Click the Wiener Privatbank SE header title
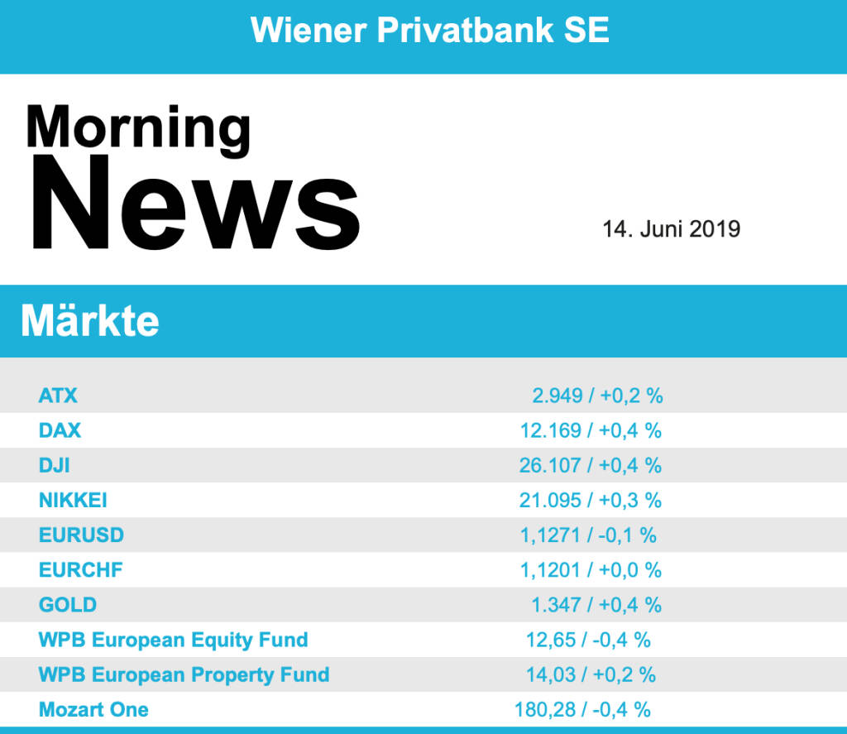pyautogui.click(x=429, y=31)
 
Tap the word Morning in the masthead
pyautogui.click(x=138, y=129)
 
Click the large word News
pyautogui.click(x=195, y=203)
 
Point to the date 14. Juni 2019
pyautogui.click(x=671, y=228)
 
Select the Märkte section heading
pyautogui.click(x=89, y=321)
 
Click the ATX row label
pyautogui.click(x=58, y=396)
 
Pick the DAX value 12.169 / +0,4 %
pyautogui.click(x=591, y=430)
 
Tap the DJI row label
pyautogui.click(x=55, y=465)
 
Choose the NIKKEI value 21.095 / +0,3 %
pyautogui.click(x=591, y=500)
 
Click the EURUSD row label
pyautogui.click(x=81, y=535)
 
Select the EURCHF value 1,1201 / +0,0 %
pyautogui.click(x=591, y=570)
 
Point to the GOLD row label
pyautogui.click(x=68, y=605)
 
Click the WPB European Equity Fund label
pyautogui.click(x=173, y=640)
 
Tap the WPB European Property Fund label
pyautogui.click(x=184, y=674)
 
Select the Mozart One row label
pyautogui.click(x=93, y=709)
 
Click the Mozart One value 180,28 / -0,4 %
pyautogui.click(x=582, y=709)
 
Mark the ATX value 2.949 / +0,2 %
pyautogui.click(x=597, y=396)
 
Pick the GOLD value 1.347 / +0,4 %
pyautogui.click(x=596, y=605)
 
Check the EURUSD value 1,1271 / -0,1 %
pyautogui.click(x=588, y=535)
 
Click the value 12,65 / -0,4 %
pyautogui.click(x=588, y=640)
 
